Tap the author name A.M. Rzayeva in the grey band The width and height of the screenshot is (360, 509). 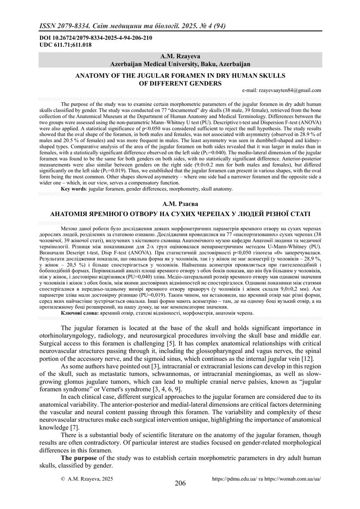180,57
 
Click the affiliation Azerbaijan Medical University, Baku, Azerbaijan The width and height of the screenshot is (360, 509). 180,64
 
